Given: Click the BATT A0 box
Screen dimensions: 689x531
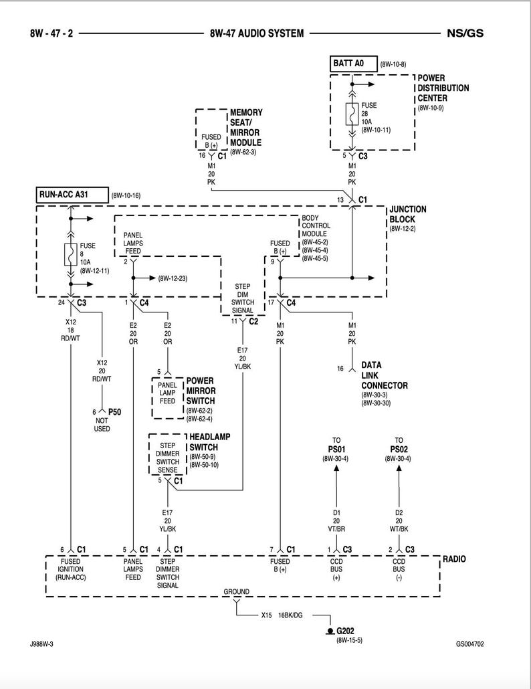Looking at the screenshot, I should point(353,64).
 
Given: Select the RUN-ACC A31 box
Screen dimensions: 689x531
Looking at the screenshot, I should point(72,195).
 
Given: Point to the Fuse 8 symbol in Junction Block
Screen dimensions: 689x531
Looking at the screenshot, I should point(70,255).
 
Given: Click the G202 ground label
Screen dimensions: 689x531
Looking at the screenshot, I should point(346,631).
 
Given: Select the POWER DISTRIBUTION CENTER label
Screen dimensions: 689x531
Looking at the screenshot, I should point(443,88).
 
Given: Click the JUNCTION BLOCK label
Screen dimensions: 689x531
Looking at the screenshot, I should point(407,214).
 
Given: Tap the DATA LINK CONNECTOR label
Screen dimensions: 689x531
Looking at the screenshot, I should point(384,375).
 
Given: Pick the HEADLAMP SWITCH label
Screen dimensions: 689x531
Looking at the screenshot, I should point(209,441).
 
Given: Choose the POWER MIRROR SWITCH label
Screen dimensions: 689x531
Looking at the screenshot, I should point(205,391).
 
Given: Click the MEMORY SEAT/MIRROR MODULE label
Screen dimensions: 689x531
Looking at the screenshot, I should point(245,127).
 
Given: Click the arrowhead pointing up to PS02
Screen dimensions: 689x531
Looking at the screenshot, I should point(399,468).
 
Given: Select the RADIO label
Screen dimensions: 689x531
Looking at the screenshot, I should point(454,559).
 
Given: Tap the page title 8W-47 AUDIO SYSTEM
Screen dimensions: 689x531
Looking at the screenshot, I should point(257,33).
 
